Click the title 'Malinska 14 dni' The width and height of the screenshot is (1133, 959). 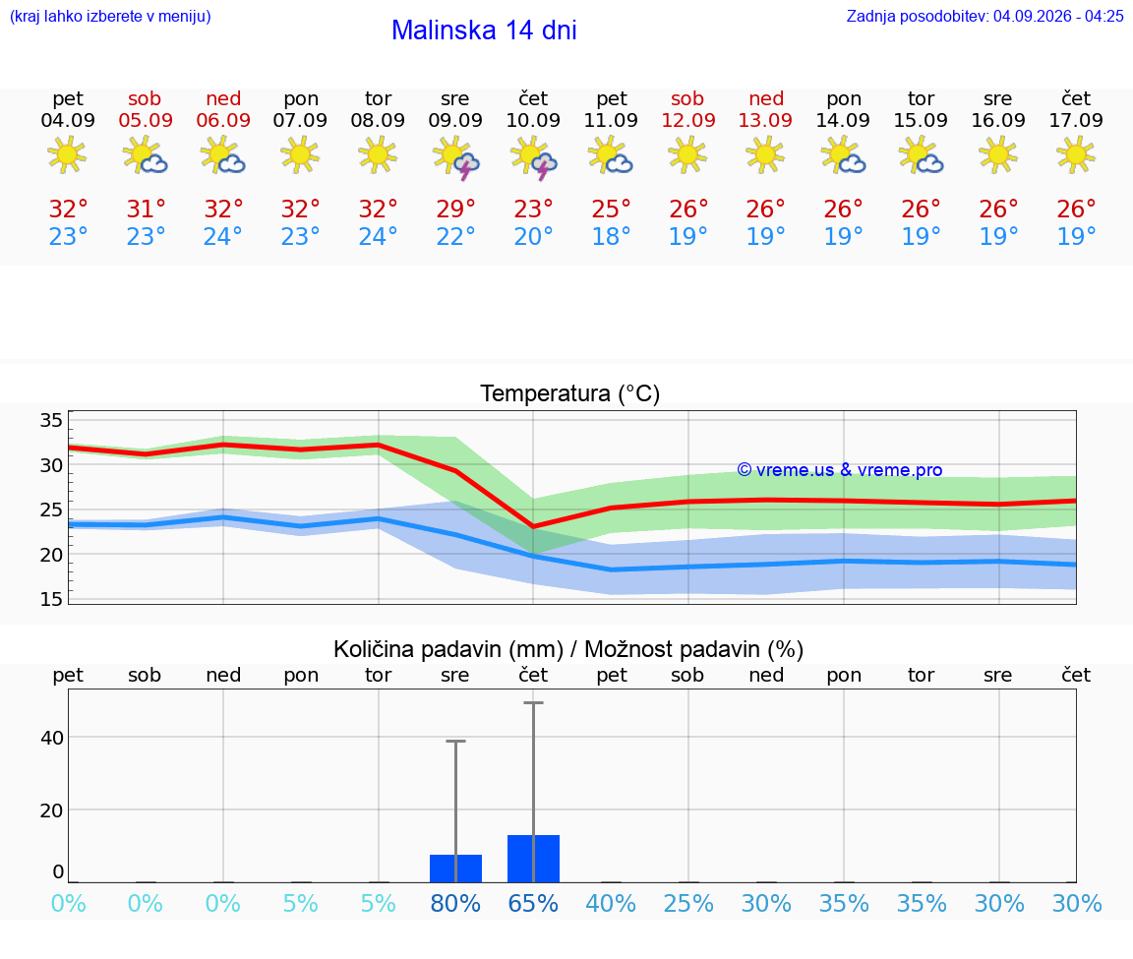coord(484,30)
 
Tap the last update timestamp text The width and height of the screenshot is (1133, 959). coord(984,16)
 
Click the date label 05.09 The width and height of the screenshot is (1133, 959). coord(146,121)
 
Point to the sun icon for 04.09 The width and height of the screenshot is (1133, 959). coord(67,154)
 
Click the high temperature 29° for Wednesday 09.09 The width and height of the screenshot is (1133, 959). coord(455,210)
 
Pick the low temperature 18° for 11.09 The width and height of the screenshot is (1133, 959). coord(612,236)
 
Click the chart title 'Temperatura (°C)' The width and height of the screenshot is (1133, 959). coord(570,393)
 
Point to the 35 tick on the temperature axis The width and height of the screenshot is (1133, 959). coord(51,420)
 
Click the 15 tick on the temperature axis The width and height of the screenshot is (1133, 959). coord(51,599)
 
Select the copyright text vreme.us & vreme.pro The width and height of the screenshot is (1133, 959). coord(840,470)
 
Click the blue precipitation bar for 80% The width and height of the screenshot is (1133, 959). coord(456,869)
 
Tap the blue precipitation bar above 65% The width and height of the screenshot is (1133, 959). coord(533,859)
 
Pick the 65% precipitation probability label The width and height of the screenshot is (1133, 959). coord(533,904)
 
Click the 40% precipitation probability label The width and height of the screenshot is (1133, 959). coord(612,904)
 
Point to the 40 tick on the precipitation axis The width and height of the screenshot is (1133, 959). coord(52,738)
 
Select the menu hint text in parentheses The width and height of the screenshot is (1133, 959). coord(110,16)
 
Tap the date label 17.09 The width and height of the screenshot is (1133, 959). coord(1076,121)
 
